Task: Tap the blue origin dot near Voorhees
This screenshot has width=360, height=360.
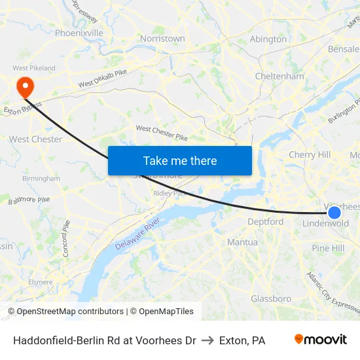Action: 334,212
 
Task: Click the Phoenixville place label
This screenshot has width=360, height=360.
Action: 79,33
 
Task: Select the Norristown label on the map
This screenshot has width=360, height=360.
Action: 162,39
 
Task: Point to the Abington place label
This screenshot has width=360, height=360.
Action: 268,39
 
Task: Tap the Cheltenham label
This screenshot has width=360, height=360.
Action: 279,76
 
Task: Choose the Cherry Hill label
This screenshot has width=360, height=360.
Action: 310,155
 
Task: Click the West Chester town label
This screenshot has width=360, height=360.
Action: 35,139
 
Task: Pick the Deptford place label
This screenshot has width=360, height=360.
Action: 265,222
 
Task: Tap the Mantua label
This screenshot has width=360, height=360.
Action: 242,242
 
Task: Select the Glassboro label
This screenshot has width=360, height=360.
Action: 271,298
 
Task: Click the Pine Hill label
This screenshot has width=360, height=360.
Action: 328,248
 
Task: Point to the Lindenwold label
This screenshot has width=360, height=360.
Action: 325,224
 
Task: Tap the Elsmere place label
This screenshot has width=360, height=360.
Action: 40,283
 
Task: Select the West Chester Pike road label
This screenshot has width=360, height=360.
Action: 161,133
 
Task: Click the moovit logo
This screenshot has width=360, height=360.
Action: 320,340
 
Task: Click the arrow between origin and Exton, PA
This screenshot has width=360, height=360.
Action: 207,340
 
